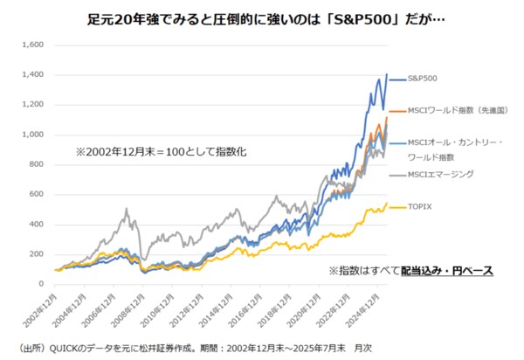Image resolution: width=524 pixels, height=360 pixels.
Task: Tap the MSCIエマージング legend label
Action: [441, 175]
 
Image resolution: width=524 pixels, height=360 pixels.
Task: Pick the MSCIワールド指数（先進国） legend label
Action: [452, 111]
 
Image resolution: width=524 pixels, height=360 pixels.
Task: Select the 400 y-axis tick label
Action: [35, 224]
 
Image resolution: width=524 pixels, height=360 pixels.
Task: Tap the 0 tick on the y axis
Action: [40, 284]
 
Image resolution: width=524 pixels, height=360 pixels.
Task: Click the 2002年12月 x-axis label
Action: [51, 305]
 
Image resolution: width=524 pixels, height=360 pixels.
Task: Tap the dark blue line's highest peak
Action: [386, 74]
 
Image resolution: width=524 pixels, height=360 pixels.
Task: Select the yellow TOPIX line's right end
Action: [387, 203]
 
